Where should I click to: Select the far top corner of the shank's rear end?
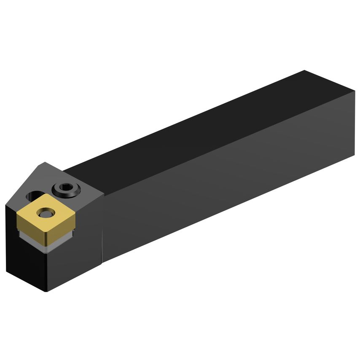(x=304, y=71)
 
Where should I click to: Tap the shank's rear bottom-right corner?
(x=354, y=156)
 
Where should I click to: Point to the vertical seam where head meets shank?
(x=103, y=223)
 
